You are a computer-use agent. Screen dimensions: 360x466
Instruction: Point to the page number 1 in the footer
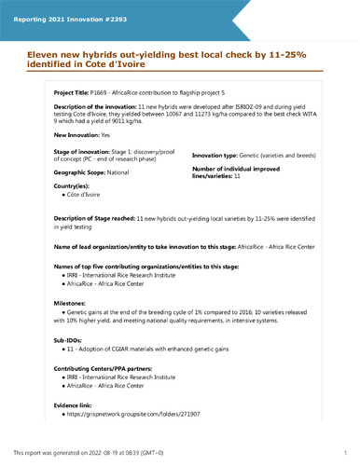pos(345,452)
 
